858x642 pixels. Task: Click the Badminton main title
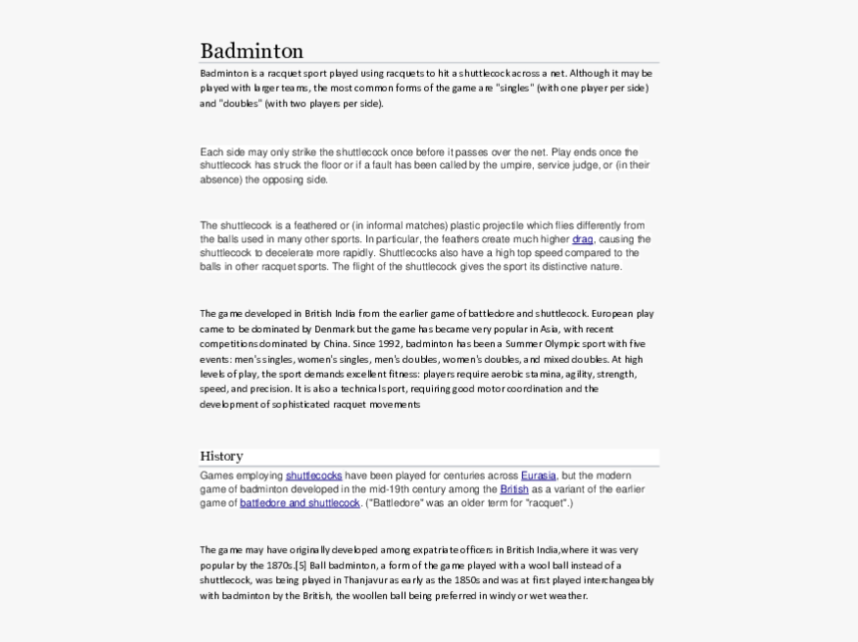click(251, 51)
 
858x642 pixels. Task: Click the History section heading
click(221, 457)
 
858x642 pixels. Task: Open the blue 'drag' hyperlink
click(583, 239)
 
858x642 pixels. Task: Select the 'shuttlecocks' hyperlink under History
click(313, 476)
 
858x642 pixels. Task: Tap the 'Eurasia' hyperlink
click(538, 476)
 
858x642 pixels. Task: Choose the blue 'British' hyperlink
click(514, 489)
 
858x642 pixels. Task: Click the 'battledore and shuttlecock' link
click(299, 503)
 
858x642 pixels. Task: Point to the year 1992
click(389, 344)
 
